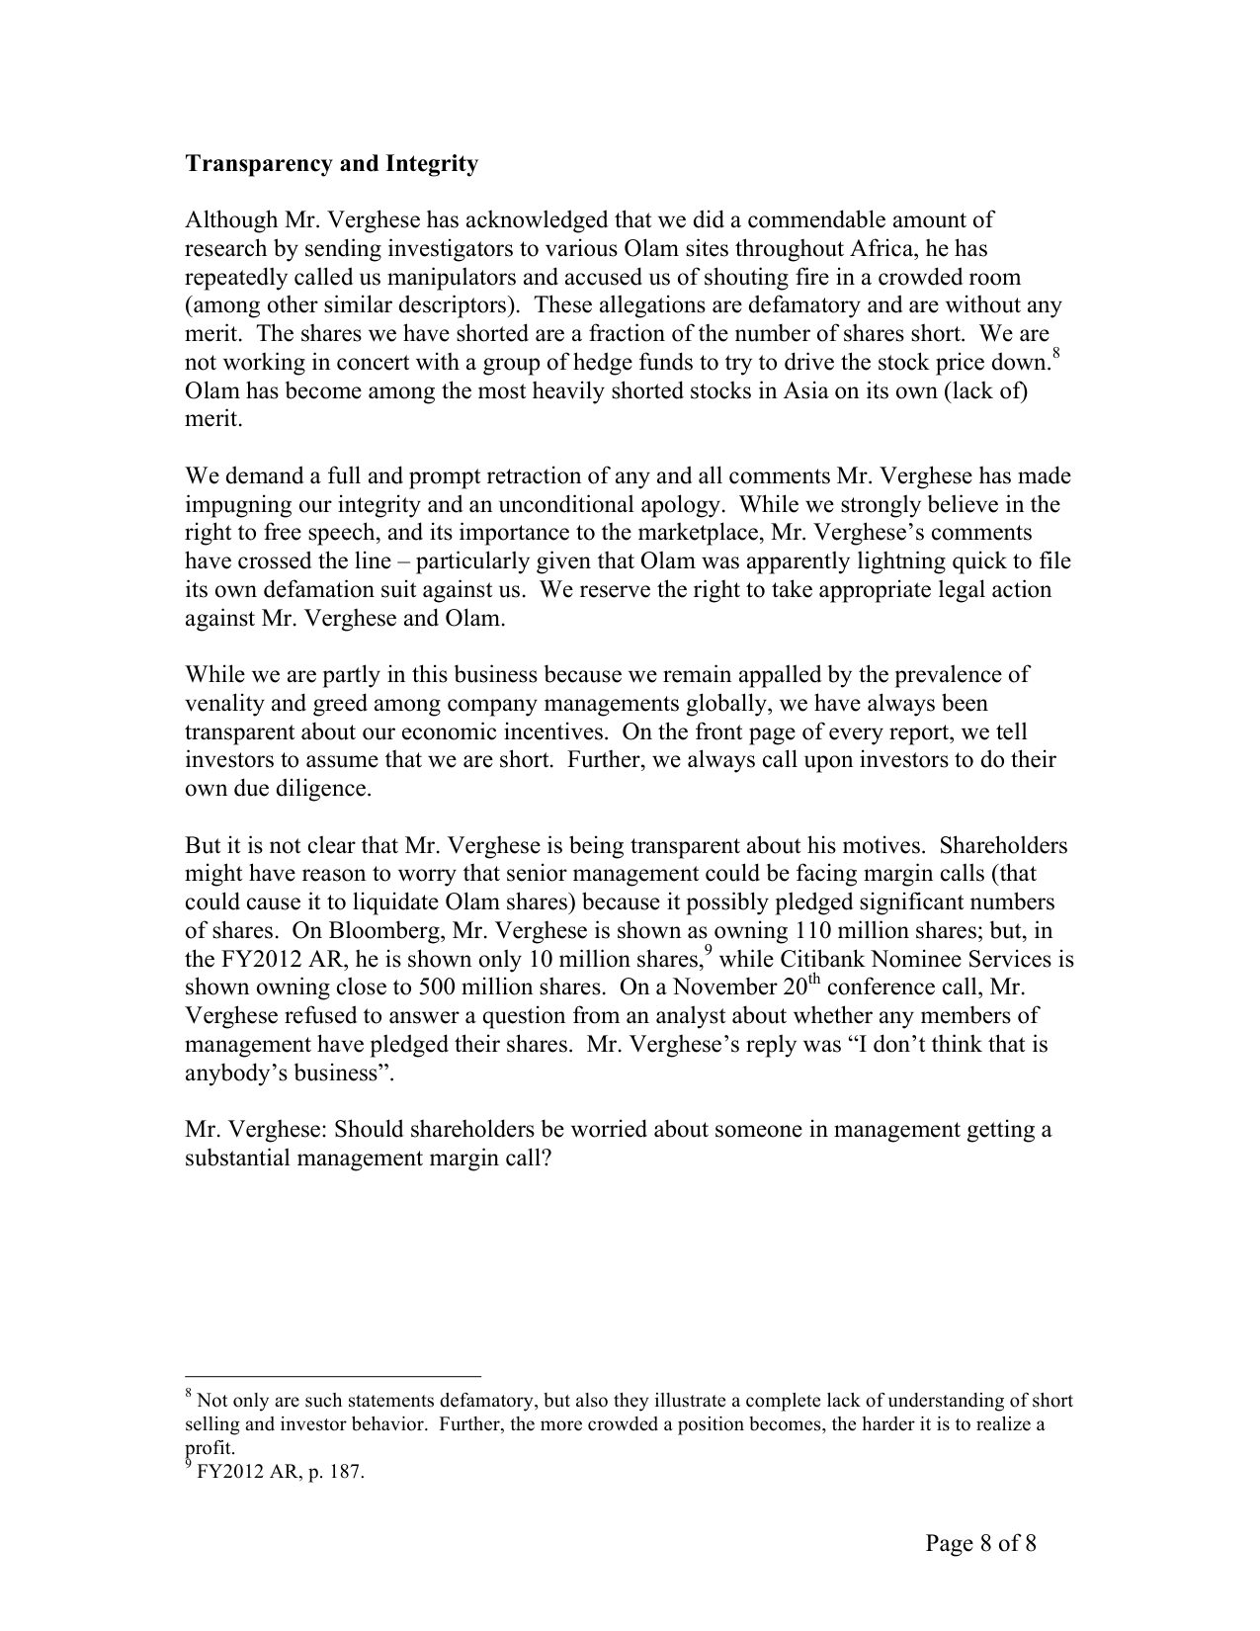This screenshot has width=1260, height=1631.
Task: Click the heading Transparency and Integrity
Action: tap(331, 164)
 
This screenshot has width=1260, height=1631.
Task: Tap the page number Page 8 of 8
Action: tap(980, 1543)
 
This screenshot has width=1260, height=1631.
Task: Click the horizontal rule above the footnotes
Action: tap(332, 1375)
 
